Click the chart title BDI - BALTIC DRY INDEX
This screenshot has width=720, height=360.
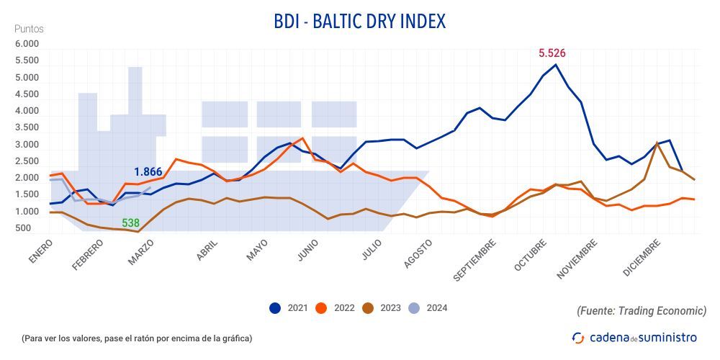point(359,22)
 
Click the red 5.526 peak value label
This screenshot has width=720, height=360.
point(552,53)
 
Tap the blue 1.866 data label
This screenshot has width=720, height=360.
point(148,172)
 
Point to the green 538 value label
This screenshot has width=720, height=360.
point(130,223)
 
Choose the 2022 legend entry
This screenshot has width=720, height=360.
point(336,308)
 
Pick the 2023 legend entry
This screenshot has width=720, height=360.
point(383,308)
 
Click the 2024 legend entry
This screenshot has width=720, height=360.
point(429,308)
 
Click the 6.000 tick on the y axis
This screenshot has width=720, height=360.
point(27,45)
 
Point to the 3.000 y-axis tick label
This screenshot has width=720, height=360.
point(27,145)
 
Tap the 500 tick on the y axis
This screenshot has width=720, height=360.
point(24,229)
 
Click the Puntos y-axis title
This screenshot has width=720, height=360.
point(29,30)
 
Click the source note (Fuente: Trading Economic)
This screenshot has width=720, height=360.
point(641,311)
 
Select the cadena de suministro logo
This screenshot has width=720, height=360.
point(634,337)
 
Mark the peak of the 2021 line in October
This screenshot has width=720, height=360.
point(556,65)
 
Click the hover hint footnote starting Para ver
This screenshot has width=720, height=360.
point(137,338)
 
